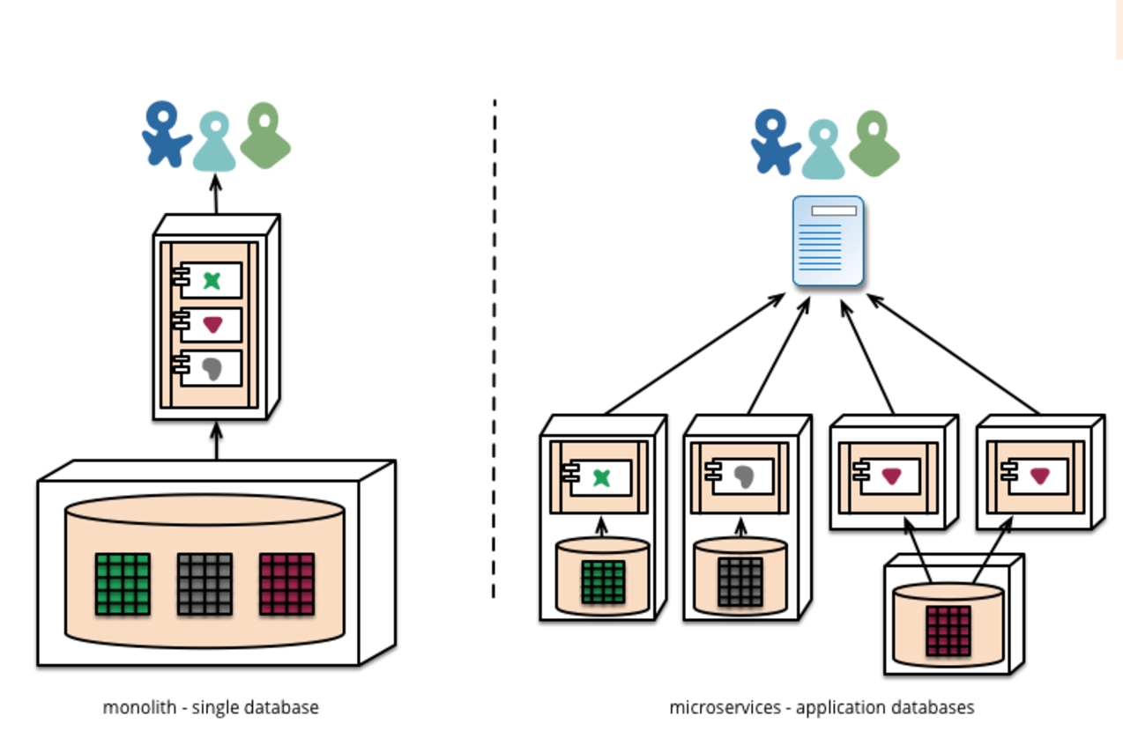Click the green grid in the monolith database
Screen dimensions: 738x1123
[123, 584]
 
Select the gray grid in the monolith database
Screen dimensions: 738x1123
[205, 584]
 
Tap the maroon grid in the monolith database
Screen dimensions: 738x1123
[287, 584]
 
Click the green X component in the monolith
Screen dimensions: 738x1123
[212, 280]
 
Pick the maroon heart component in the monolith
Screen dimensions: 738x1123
[212, 324]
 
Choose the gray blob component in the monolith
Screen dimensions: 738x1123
[212, 368]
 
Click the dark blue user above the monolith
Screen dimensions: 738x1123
[165, 135]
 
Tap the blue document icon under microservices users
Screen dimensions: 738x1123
[828, 241]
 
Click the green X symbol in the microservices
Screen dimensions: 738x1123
[601, 477]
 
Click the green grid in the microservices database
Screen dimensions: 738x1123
[604, 582]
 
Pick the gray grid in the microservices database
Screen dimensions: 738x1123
[740, 582]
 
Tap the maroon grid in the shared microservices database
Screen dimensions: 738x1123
[948, 631]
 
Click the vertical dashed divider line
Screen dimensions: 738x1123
[494, 352]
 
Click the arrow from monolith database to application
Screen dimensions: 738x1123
[217, 440]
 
